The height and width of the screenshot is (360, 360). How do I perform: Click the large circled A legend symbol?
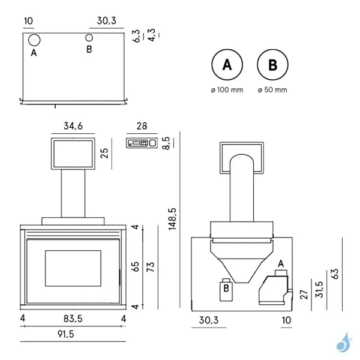tap(227, 65)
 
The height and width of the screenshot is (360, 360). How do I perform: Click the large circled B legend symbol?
tap(272, 65)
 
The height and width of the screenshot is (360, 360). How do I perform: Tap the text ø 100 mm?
tap(227, 90)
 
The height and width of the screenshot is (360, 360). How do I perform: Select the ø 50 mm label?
tap(272, 90)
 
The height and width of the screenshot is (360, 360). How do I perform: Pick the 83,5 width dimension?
tap(73, 318)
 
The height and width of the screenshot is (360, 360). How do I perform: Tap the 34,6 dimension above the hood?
tap(73, 126)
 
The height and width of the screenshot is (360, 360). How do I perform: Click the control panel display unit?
tap(142, 143)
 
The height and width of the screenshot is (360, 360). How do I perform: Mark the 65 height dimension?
tap(136, 266)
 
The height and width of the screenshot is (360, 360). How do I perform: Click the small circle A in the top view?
tap(34, 40)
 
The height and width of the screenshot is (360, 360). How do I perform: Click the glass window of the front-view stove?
tap(73, 268)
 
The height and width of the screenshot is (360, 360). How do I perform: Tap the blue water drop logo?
tap(343, 343)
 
